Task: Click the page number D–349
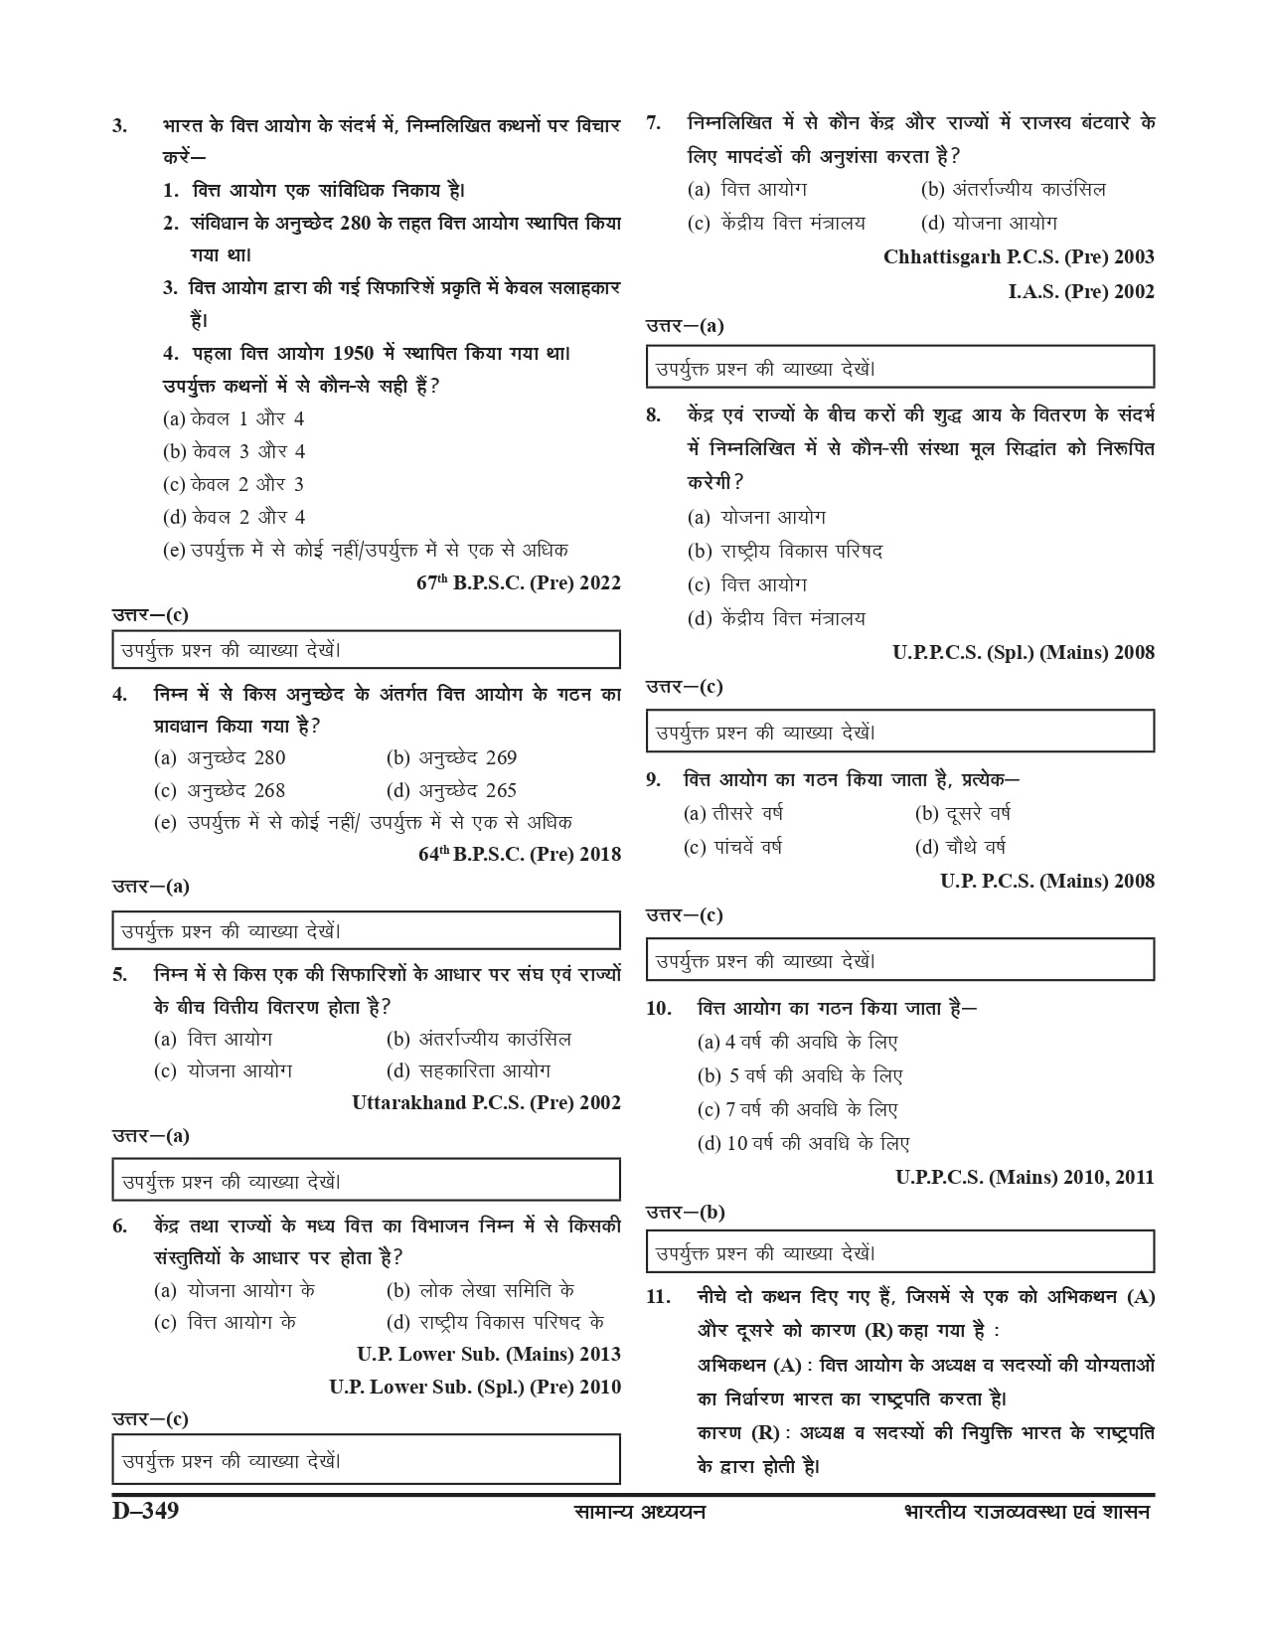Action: coord(145,1511)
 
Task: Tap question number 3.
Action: coord(119,126)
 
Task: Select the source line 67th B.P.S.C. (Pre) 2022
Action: coord(518,583)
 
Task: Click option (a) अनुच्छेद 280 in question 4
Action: coord(220,758)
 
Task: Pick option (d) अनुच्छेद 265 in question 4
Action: coord(451,791)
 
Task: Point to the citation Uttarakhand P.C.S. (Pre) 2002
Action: coord(486,1102)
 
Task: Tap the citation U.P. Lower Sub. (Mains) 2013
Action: coord(489,1354)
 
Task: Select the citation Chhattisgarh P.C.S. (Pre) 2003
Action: coord(1019,257)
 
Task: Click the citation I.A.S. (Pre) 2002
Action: coord(1081,291)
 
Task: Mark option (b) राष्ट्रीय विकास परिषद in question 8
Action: coord(785,551)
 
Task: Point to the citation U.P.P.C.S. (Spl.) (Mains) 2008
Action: coord(1024,653)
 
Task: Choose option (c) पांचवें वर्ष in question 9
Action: coord(733,847)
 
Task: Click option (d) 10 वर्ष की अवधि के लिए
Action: coord(804,1143)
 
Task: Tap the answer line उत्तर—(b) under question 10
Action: coord(686,1212)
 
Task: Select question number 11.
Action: coord(658,1297)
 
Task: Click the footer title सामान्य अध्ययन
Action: coord(640,1512)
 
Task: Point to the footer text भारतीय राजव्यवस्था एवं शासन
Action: coord(1027,1512)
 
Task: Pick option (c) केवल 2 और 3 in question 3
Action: coord(234,485)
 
